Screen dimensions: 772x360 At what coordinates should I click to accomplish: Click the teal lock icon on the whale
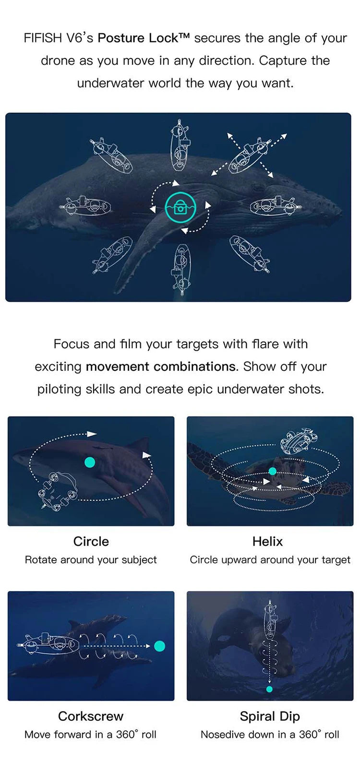coord(180,207)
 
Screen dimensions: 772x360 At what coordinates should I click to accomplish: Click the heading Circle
coord(91,541)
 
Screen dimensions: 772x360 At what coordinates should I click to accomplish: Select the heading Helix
coord(267,541)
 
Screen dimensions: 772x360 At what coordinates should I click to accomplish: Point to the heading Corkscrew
coord(91,716)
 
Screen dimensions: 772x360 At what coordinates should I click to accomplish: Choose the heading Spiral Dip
coord(270,716)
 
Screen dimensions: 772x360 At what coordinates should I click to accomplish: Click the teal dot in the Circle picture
coord(90,462)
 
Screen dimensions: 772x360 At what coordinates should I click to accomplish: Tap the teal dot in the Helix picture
coord(273,471)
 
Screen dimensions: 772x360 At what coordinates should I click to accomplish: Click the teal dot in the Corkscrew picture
coord(160,646)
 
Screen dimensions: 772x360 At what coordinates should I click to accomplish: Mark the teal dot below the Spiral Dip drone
coord(269,689)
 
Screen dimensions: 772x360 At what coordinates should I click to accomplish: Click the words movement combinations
coord(161,367)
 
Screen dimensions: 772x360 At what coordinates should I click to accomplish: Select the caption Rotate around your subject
coord(91,559)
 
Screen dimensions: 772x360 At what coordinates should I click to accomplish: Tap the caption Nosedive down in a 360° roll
coord(270,734)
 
